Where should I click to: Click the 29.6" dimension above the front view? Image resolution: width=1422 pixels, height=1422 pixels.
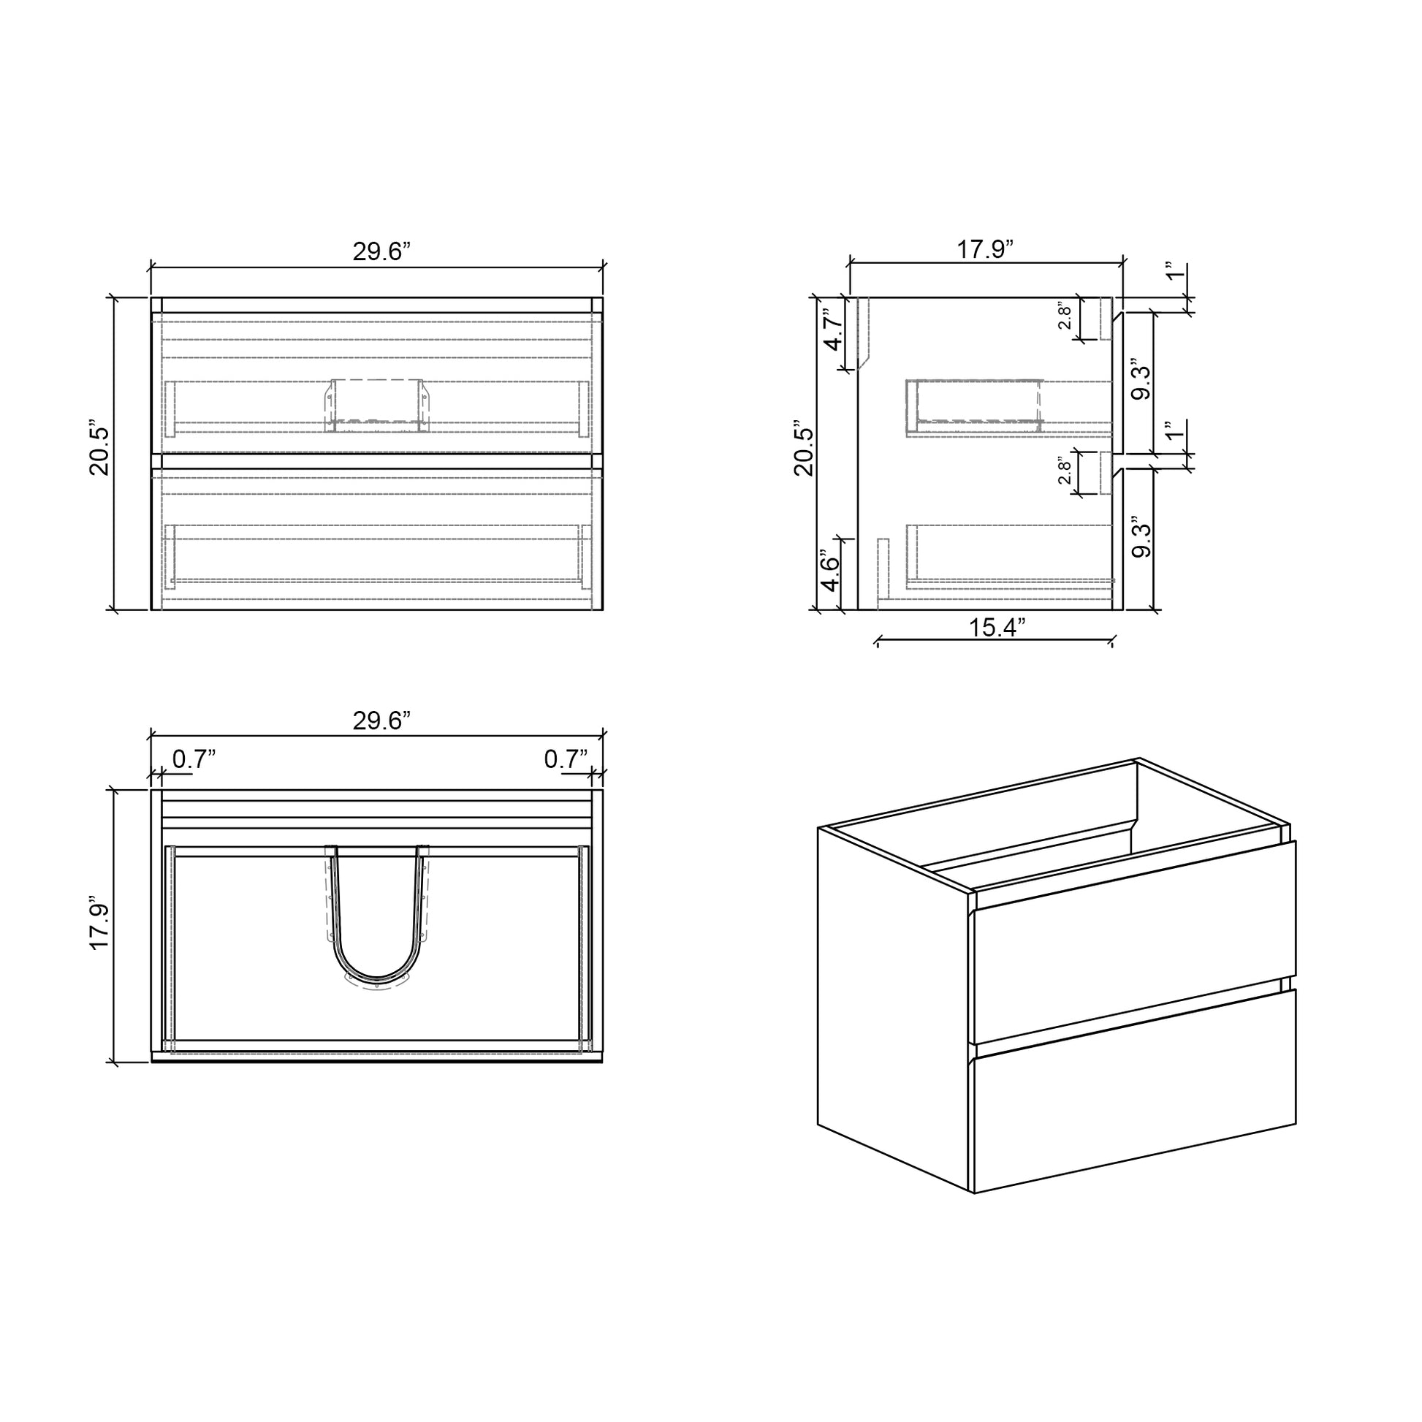[x=381, y=251]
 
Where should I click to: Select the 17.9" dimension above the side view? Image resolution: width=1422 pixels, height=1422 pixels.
[x=985, y=249]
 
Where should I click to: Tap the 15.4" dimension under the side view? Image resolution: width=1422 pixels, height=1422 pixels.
[x=996, y=628]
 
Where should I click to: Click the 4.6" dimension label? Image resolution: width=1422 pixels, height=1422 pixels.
[x=830, y=573]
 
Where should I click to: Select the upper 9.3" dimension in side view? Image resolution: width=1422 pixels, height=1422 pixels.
[x=1141, y=380]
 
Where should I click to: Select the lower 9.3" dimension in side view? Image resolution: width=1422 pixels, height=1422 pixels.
[x=1141, y=537]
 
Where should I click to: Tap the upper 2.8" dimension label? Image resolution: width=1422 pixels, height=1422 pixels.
[x=1064, y=317]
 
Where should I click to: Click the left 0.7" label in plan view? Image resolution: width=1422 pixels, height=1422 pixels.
[x=194, y=758]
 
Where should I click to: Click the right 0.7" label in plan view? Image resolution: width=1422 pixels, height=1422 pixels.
[x=566, y=758]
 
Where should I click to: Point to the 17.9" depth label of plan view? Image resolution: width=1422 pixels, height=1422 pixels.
[x=99, y=923]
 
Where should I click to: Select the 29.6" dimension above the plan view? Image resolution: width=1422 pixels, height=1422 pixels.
[x=381, y=720]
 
